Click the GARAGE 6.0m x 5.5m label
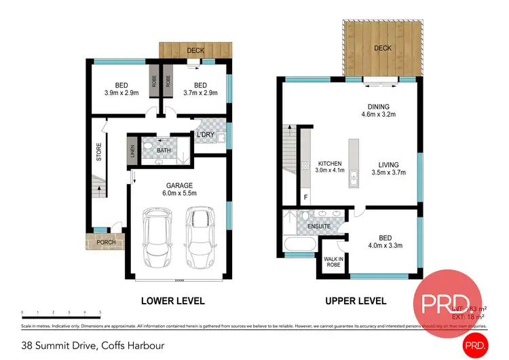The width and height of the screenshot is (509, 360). click(x=180, y=190)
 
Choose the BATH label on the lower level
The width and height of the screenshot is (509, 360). click(x=164, y=150)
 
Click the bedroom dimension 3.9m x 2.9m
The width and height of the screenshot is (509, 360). click(x=121, y=93)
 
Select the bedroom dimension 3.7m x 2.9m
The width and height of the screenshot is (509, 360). click(x=200, y=93)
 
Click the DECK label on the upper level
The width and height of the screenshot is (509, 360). click(x=383, y=48)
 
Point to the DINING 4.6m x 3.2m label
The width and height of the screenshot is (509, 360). click(x=379, y=111)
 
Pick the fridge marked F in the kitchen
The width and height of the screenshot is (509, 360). click(x=305, y=198)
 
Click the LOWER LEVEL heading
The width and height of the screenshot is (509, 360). click(x=172, y=301)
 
